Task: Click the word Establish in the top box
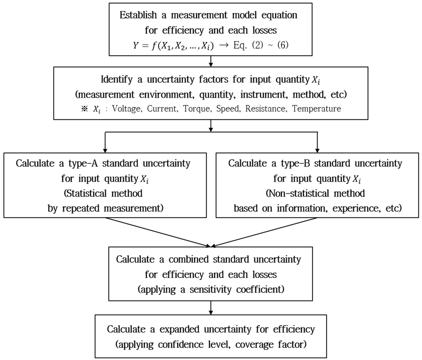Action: tap(138, 15)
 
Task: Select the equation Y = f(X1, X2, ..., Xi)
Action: tap(173, 46)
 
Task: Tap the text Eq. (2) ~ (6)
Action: tap(261, 45)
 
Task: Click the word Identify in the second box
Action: tap(117, 80)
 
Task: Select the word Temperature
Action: tap(317, 109)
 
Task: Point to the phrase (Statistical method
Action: tap(103, 193)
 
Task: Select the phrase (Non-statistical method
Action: tap(315, 193)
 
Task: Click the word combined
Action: tap(188, 260)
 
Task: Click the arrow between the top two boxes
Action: tap(211, 61)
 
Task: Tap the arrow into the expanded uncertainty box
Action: tap(211, 307)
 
